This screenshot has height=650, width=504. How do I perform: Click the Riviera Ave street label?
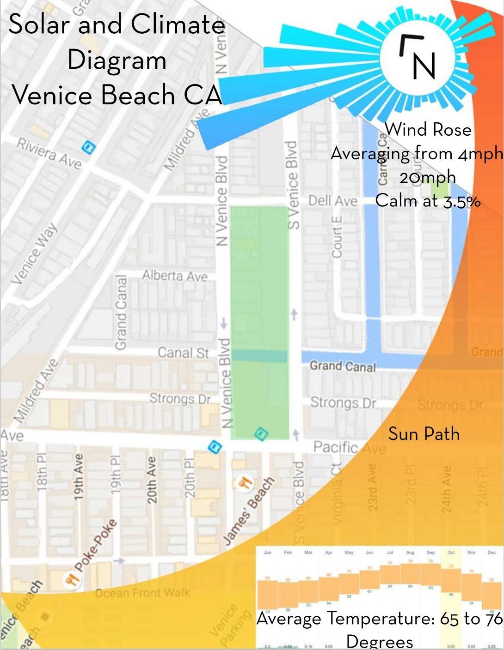49,153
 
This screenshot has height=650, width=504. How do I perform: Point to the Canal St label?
183,353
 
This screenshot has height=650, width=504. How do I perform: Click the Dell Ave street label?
332,201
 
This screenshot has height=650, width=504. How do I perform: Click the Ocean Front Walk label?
142,592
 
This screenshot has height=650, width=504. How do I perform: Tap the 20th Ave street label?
151,480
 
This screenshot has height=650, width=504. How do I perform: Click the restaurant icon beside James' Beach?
245,483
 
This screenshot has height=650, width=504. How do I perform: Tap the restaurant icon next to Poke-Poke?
72,579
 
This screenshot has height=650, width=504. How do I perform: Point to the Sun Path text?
424,434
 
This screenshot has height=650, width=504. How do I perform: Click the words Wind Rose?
428,130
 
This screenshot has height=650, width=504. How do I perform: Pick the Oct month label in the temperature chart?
451,552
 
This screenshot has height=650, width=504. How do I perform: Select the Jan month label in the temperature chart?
267,552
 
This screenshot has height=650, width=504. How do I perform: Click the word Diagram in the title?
117,60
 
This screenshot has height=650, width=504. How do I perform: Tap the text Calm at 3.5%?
428,201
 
